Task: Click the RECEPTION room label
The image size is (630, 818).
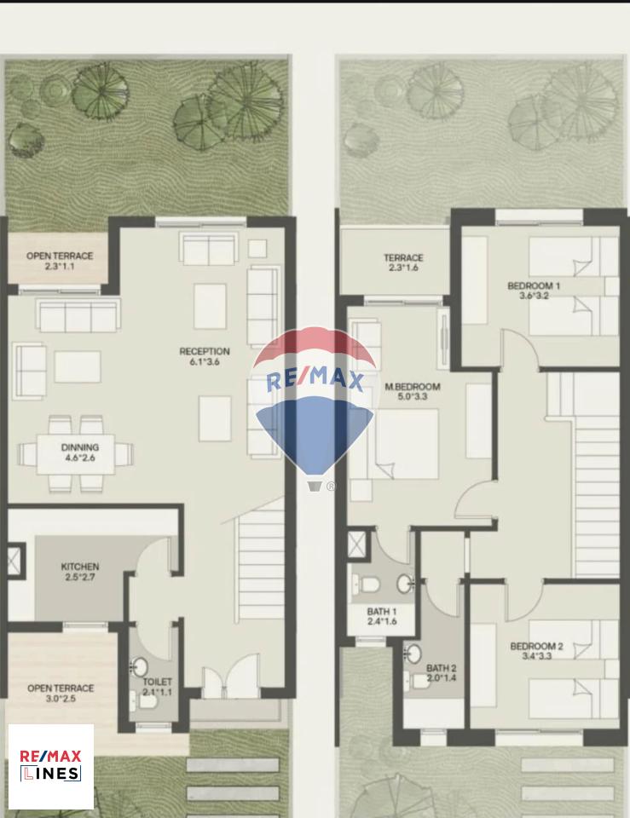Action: click(x=205, y=351)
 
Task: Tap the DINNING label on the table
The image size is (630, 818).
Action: click(x=80, y=447)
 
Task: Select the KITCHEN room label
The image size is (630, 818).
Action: click(x=80, y=567)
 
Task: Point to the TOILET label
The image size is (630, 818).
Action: click(x=157, y=682)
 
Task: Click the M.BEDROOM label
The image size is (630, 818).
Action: click(x=413, y=387)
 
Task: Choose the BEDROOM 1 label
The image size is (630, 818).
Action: click(x=534, y=286)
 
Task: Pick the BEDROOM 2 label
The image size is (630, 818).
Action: click(x=536, y=647)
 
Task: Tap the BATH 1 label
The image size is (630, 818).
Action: click(x=382, y=612)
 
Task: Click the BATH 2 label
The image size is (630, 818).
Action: click(x=442, y=668)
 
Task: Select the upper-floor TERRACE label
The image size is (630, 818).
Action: click(x=403, y=257)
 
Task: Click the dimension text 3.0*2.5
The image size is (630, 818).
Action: click(x=61, y=699)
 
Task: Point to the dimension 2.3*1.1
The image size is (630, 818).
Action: click(x=60, y=266)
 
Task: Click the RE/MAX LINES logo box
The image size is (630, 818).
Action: click(x=51, y=766)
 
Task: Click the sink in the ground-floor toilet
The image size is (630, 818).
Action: click(x=139, y=667)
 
